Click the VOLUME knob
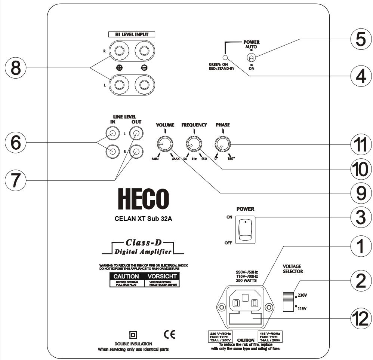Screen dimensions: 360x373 click(x=165, y=144)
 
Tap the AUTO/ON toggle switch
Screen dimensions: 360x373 click(x=252, y=58)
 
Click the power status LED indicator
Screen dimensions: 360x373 click(x=225, y=58)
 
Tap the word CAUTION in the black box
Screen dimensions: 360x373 click(x=124, y=276)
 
